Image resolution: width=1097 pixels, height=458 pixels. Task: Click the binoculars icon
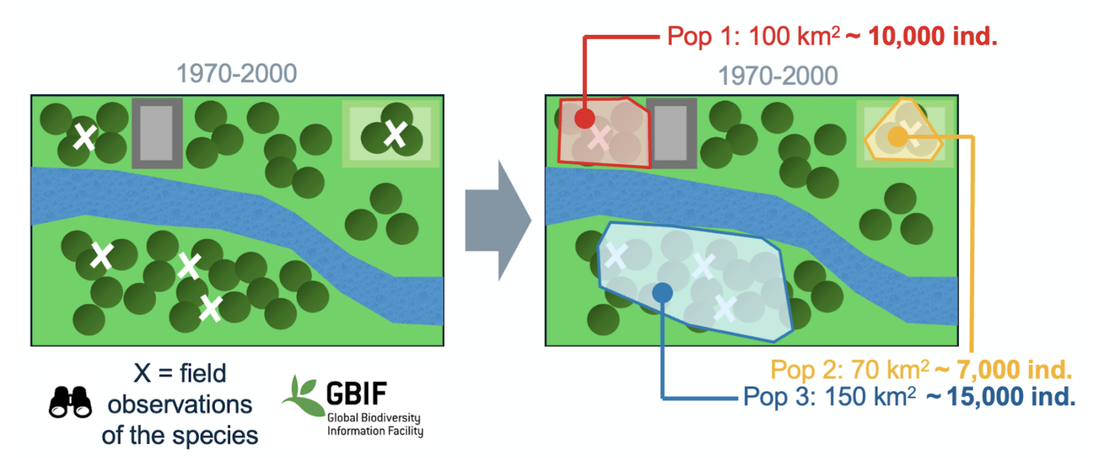(70, 403)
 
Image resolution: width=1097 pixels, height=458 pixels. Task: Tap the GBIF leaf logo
(301, 396)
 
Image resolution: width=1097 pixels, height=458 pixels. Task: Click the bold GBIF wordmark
(356, 394)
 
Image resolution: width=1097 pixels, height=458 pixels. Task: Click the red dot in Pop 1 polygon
(584, 118)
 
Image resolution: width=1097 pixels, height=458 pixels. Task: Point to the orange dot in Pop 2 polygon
(898, 136)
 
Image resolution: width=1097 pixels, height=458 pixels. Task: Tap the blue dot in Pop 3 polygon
(662, 293)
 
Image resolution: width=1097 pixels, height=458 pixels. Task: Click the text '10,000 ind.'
(932, 36)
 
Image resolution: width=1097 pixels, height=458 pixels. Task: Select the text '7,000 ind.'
(1014, 370)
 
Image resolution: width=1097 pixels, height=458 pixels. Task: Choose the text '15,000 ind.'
(1011, 397)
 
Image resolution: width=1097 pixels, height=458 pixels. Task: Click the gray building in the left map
(157, 133)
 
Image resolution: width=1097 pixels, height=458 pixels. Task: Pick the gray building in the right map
(671, 133)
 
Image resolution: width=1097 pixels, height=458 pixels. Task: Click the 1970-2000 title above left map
(236, 74)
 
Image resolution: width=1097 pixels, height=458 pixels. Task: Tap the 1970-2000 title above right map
(778, 76)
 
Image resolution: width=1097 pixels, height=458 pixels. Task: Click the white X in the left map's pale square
(395, 134)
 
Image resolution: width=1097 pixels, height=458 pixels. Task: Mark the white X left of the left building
(85, 137)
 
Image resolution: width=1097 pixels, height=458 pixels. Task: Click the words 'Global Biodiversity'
(374, 418)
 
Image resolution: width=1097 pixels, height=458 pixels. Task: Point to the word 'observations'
(180, 405)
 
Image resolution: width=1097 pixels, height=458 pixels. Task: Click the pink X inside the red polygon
(599, 138)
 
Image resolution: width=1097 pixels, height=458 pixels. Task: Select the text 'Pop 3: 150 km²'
(829, 397)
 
